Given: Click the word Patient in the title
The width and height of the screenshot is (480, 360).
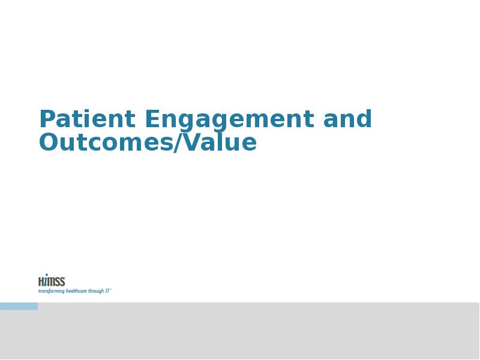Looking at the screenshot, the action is [87, 118].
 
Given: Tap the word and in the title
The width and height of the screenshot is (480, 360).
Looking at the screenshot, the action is [347, 118].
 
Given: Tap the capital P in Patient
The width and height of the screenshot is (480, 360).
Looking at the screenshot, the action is [47, 119].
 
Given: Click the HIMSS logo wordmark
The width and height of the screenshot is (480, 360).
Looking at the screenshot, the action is [52, 280].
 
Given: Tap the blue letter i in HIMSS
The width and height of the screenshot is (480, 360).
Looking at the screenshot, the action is [46, 280].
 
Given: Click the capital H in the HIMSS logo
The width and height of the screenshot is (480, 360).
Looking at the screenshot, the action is [41, 281].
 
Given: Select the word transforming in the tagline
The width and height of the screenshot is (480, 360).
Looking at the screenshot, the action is [51, 291].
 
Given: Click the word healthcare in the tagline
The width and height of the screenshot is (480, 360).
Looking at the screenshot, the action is [76, 291].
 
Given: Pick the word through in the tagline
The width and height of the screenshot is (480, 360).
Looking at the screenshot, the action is [96, 291].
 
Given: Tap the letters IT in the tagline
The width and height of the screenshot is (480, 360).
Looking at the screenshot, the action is [107, 290].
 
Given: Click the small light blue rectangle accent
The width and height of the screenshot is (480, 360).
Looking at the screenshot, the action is [19, 306].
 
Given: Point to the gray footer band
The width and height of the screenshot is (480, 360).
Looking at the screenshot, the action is [240, 331].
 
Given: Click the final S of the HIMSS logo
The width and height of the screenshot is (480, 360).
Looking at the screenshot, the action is [62, 281].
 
